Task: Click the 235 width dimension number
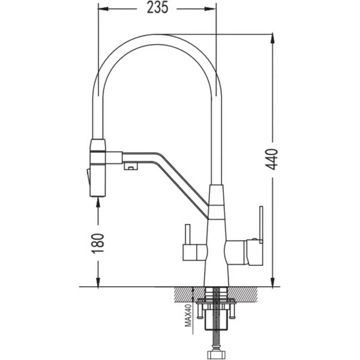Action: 157,7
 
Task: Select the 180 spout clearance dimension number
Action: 98,244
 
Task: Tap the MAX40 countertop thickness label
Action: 188,315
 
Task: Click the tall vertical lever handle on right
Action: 261,224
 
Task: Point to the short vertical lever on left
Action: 188,235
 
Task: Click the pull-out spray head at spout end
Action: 98,168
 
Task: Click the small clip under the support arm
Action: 131,166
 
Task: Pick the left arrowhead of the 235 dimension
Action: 103,9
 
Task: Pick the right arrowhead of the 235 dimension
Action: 211,9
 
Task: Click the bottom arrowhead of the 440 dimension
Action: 272,282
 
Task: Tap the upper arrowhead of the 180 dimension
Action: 98,202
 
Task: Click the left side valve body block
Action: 194,253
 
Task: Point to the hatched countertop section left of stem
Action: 189,295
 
